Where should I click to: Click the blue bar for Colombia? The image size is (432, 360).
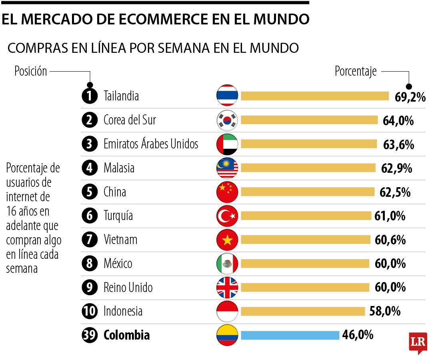pyautogui.click(x=290, y=335)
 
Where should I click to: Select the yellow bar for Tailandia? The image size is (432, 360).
pyautogui.click(x=314, y=96)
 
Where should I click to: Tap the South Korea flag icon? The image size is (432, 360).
pyautogui.click(x=227, y=120)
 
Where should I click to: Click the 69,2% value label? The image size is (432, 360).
pyautogui.click(x=410, y=97)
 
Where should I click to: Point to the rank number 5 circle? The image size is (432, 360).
pyautogui.click(x=90, y=192)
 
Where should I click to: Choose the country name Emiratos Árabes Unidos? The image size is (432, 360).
pyautogui.click(x=151, y=144)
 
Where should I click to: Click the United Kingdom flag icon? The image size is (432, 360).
pyautogui.click(x=227, y=287)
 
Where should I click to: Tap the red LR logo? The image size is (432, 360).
pyautogui.click(x=418, y=342)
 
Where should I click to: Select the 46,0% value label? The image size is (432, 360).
pyautogui.click(x=358, y=335)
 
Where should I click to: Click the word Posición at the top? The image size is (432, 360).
pyautogui.click(x=31, y=72)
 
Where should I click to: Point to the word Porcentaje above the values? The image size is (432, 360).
pyautogui.click(x=356, y=72)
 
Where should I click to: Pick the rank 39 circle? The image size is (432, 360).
pyautogui.click(x=90, y=335)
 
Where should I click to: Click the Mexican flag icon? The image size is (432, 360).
pyautogui.click(x=227, y=264)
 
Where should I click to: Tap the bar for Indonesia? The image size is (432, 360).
pyautogui.click(x=303, y=311)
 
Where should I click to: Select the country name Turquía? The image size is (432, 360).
pyautogui.click(x=118, y=216)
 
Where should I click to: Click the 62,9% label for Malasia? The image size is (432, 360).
pyautogui.click(x=396, y=168)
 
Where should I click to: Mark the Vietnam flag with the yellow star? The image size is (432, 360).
pyautogui.click(x=227, y=240)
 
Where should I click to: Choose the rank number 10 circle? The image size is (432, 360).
pyautogui.click(x=90, y=311)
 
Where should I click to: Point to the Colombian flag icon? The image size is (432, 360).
pyautogui.click(x=227, y=335)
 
